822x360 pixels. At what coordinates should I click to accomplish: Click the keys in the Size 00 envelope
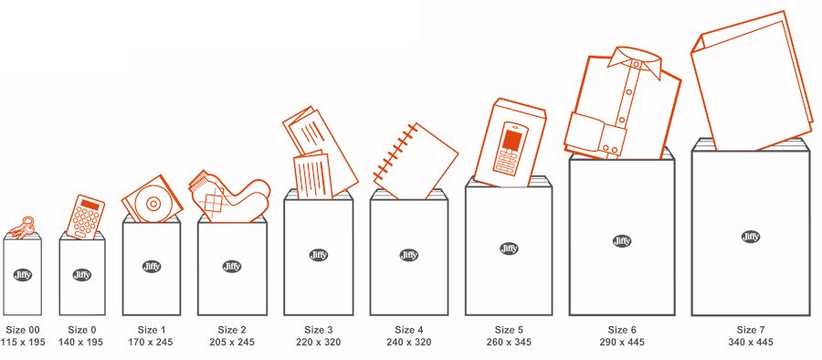click(x=24, y=228)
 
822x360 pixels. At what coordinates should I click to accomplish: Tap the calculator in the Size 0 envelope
click(x=85, y=217)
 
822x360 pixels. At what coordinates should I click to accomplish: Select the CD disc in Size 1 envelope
click(x=153, y=202)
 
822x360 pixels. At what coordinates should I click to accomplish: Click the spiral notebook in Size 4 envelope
click(x=416, y=161)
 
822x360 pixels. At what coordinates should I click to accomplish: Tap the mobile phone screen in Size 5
click(x=511, y=140)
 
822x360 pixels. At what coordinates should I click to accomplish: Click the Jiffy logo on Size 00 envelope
click(x=23, y=274)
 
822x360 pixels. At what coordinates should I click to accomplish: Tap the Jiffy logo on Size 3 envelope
click(x=319, y=255)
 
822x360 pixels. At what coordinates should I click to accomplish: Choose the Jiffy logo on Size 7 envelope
click(x=751, y=237)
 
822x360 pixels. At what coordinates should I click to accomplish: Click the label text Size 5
click(x=509, y=330)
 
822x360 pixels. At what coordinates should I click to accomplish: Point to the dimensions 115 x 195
click(x=23, y=342)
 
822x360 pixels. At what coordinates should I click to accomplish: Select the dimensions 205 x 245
click(x=232, y=342)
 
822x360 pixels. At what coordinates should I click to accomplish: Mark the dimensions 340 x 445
click(x=750, y=342)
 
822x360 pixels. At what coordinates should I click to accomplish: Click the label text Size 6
click(x=622, y=330)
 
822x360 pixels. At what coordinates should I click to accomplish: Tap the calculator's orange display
click(x=90, y=205)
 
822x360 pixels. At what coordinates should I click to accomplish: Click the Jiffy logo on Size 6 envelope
click(x=622, y=241)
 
